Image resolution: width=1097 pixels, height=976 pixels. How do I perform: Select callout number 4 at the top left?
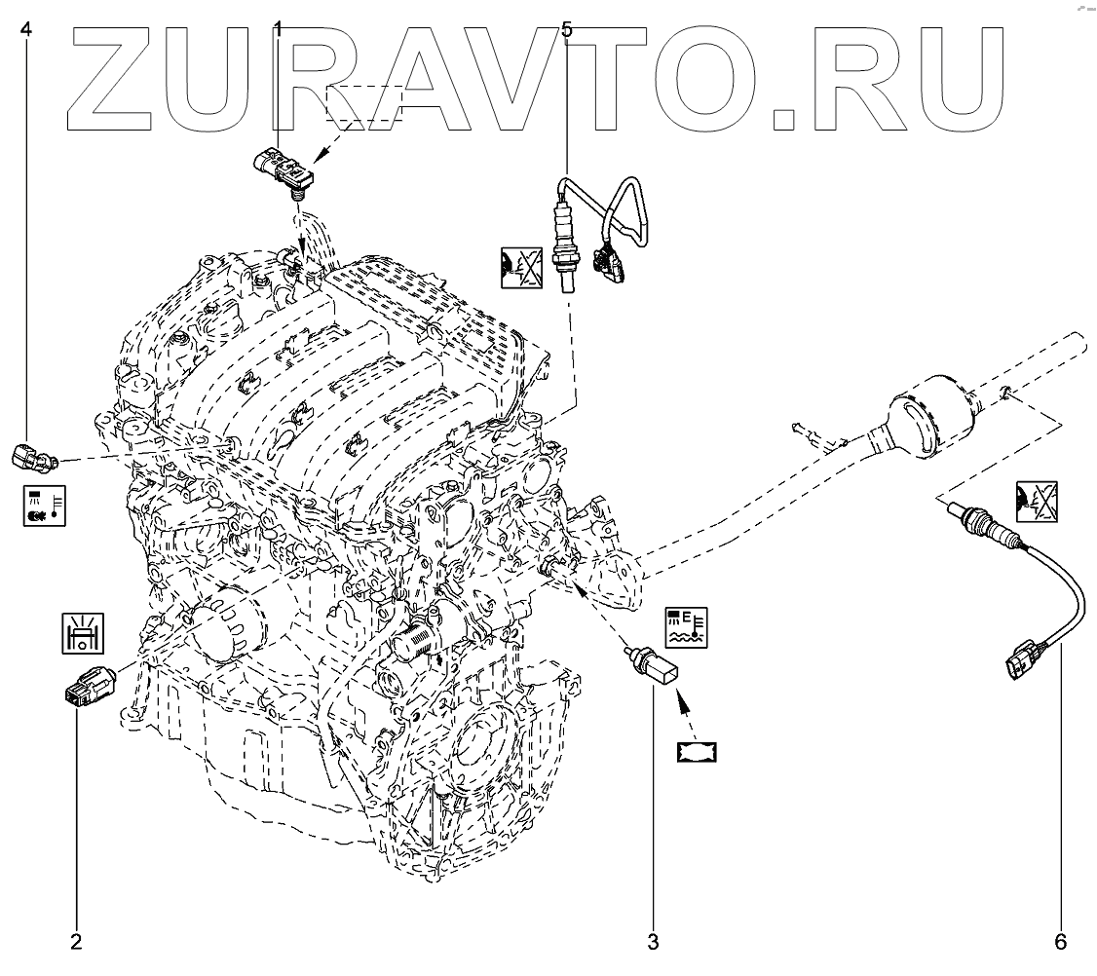[x=26, y=30]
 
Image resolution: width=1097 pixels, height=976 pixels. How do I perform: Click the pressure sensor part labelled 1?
[x=284, y=167]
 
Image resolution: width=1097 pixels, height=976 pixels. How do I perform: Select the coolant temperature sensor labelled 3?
[x=653, y=668]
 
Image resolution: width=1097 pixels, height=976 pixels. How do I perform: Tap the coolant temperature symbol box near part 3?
[x=688, y=626]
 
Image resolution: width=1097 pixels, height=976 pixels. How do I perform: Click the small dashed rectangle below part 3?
[x=699, y=751]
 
